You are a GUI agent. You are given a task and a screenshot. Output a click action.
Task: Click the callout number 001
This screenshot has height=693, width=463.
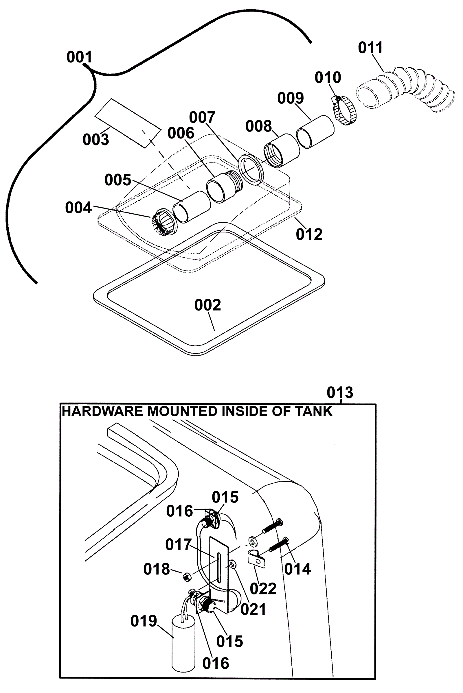coord(79,57)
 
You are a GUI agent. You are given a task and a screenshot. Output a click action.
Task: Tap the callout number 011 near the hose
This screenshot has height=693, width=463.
coord(370,47)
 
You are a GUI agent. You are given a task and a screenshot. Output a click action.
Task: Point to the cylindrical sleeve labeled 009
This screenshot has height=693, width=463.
coord(315,132)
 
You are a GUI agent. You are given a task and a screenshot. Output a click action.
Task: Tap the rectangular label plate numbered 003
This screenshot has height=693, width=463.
coord(128,123)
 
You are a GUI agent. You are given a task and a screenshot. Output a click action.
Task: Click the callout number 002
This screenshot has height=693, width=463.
coord(207,305)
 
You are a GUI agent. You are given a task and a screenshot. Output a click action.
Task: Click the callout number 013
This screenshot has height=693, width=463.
coord(340,393)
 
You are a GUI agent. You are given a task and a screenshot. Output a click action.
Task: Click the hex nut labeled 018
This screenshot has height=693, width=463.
coord(187,576)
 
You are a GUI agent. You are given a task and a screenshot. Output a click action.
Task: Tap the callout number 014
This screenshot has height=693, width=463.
coord(297,569)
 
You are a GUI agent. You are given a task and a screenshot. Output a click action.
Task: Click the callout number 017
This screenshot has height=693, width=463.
coord(178,544)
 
